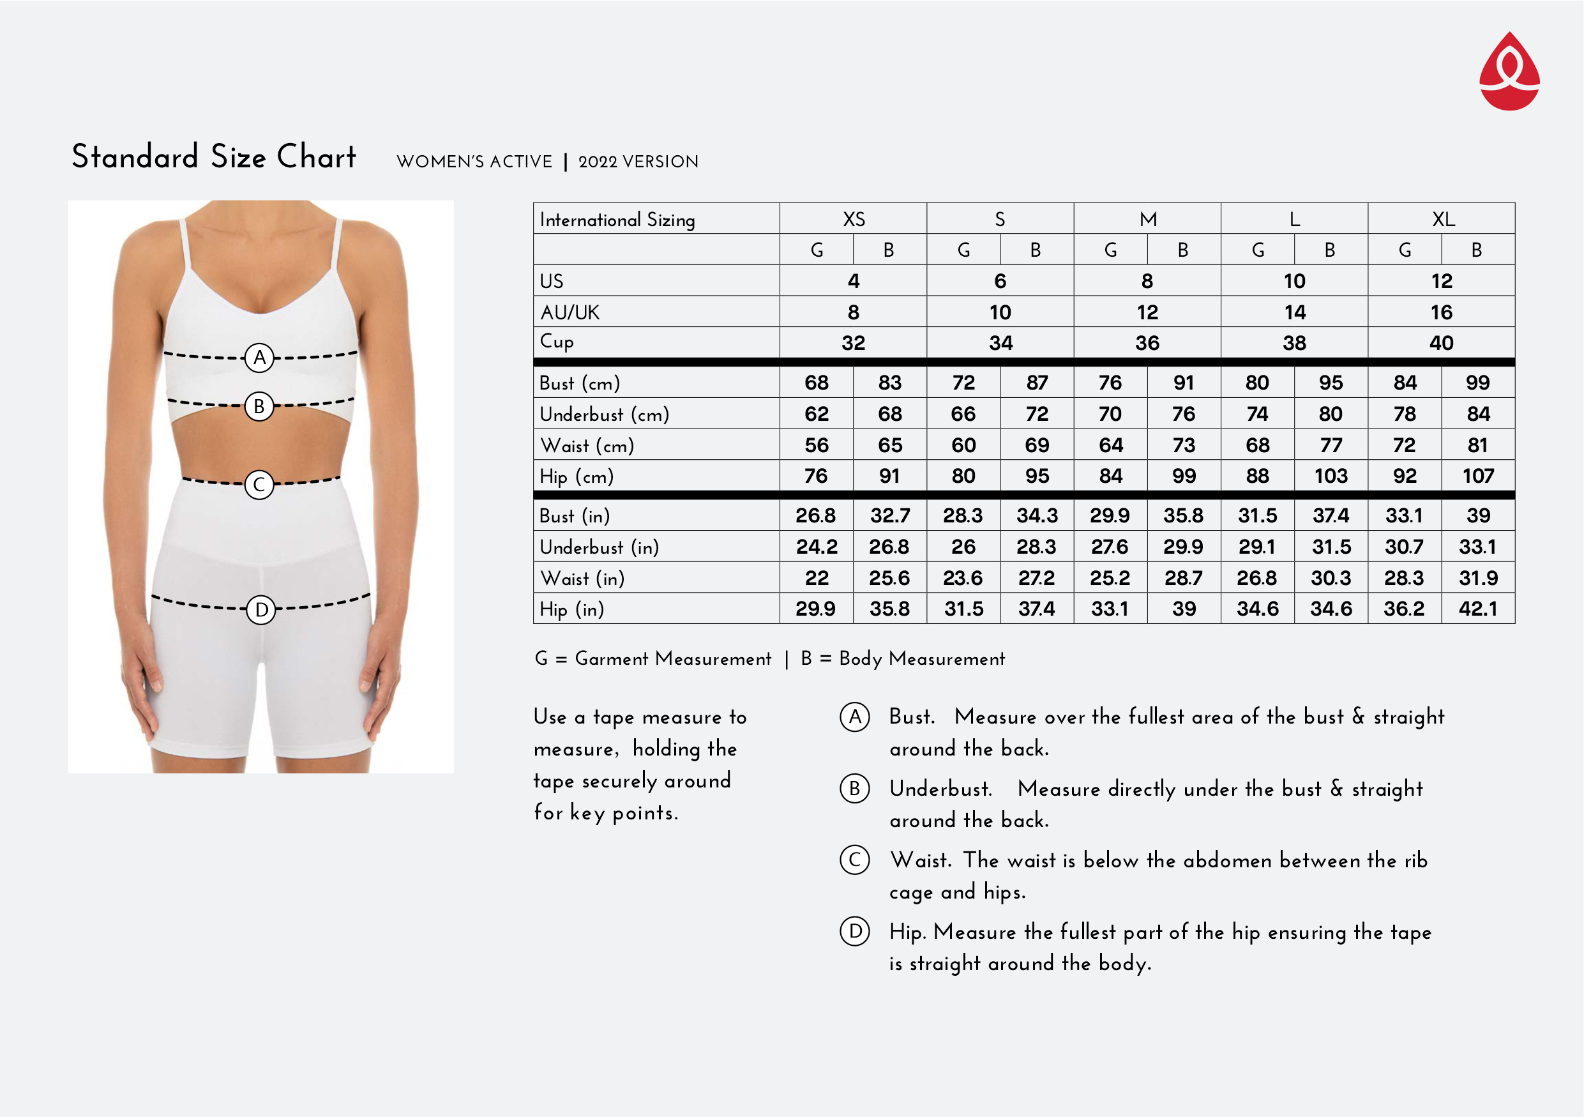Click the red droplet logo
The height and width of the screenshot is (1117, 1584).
point(1509,72)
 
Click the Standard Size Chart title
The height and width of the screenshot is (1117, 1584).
point(214,156)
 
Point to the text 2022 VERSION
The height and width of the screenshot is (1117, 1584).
point(638,162)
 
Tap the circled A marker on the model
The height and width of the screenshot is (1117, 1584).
point(259,358)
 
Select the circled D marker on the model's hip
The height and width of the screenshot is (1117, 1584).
point(260,609)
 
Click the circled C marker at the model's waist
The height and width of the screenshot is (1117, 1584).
point(259,484)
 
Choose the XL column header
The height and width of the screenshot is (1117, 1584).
point(1442,220)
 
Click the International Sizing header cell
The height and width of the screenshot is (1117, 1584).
point(617,220)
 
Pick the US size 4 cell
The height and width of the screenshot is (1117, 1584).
point(854,281)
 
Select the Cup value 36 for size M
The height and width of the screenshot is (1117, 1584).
point(1147,343)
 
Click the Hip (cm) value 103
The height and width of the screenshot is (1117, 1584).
point(1331,476)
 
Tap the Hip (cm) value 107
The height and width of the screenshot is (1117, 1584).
point(1478,476)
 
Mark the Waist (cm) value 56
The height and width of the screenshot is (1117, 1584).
point(817,445)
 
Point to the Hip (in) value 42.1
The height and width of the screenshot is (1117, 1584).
point(1478,609)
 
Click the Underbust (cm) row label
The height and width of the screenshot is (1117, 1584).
point(605,414)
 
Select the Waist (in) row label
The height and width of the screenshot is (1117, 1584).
point(582,578)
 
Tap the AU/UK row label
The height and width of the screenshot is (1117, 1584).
point(570,312)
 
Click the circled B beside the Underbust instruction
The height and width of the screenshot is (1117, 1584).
point(855,788)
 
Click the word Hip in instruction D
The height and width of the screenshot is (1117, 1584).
point(907,932)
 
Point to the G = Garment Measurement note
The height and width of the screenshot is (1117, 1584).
point(652,659)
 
